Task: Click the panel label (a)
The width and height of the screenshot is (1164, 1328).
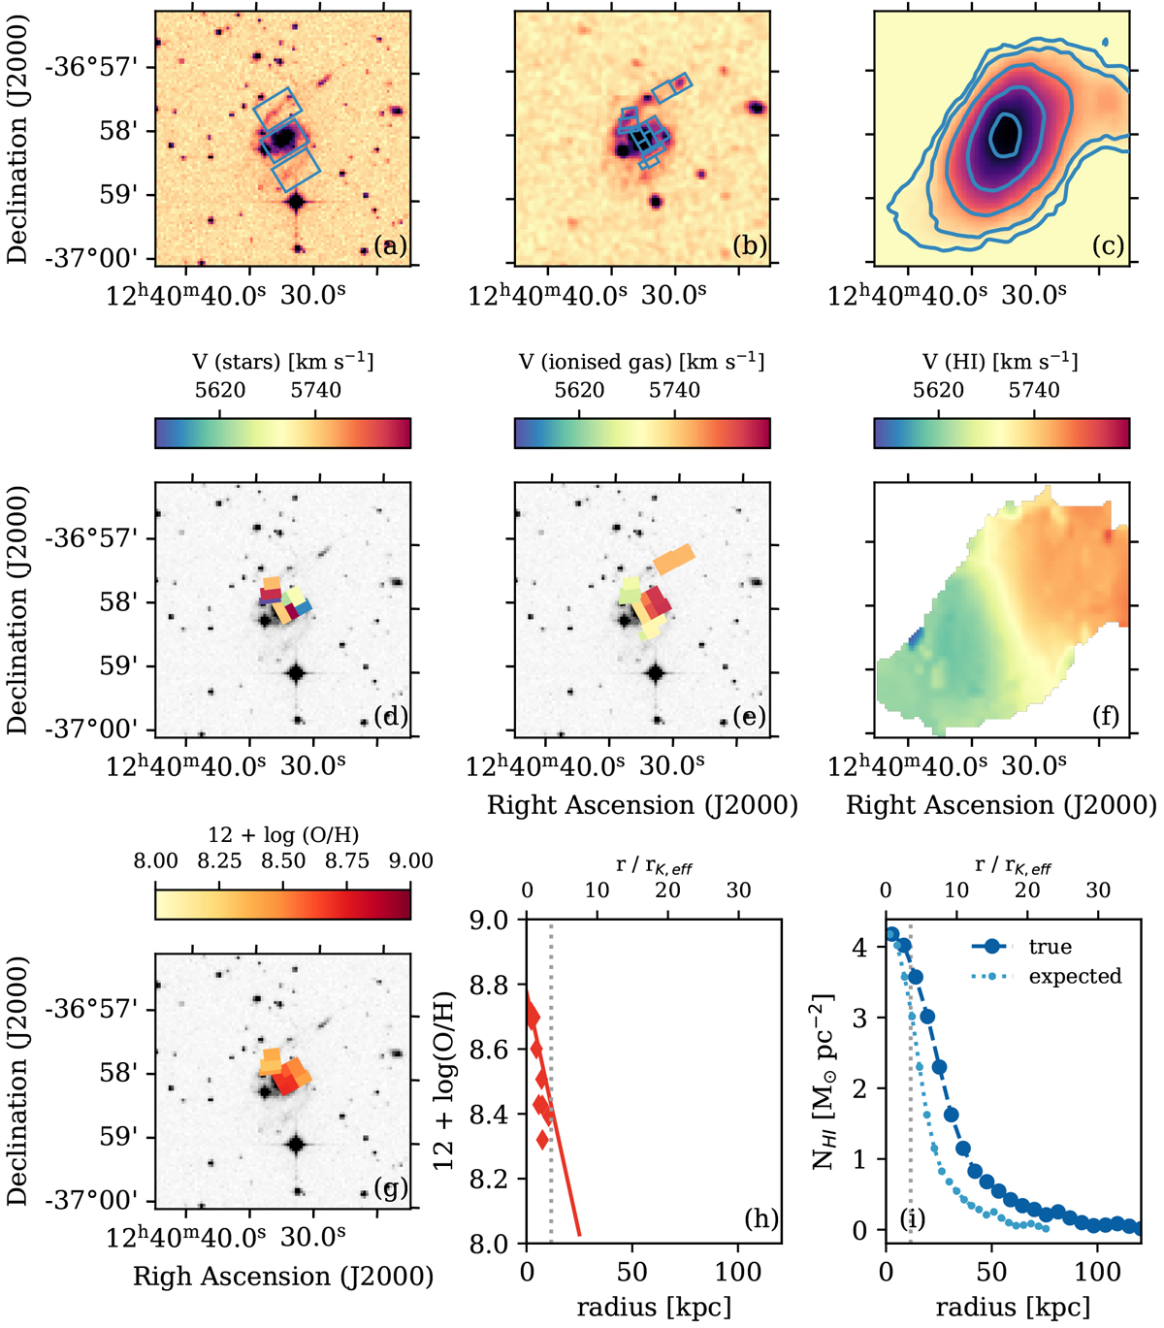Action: pos(390,245)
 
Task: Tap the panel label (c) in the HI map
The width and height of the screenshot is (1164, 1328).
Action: pos(1108,245)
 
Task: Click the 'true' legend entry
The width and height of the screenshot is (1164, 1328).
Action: pos(1050,947)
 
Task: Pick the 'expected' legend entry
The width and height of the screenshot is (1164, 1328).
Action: pos(1075,976)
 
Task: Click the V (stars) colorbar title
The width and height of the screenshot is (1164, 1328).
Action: pos(282,362)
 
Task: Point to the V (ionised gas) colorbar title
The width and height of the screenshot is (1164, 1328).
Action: pos(641,362)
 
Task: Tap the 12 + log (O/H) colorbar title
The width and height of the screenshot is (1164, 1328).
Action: pos(282,834)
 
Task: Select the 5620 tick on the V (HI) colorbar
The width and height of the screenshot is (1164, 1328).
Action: pos(938,390)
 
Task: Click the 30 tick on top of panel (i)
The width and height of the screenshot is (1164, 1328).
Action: pos(1098,891)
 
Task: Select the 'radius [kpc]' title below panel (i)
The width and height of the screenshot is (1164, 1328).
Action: pos(1013,1307)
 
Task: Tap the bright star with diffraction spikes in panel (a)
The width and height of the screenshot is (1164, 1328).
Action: pos(297,202)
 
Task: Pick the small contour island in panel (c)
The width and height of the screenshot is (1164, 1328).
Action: pos(1107,43)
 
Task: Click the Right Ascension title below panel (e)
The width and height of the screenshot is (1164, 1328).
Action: pos(643,805)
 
